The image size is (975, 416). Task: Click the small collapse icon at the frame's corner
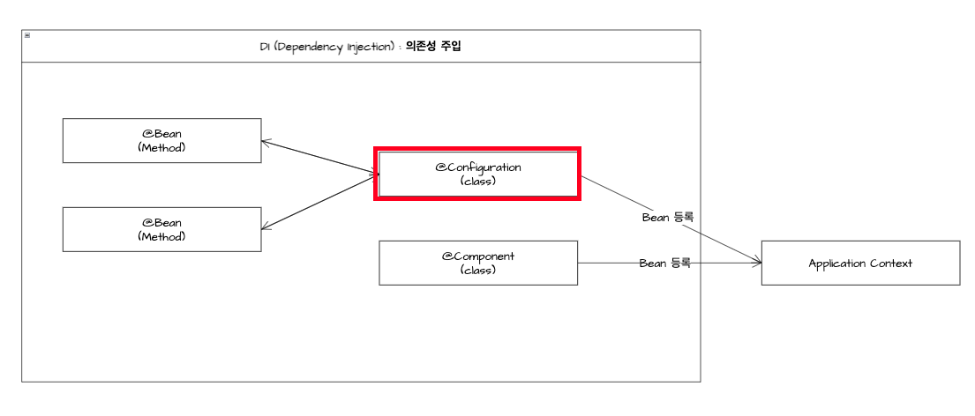[x=27, y=35]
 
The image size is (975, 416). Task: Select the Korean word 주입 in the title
[x=449, y=47]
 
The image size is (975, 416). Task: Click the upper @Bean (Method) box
[x=161, y=140]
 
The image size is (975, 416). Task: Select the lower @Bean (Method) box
[x=161, y=229]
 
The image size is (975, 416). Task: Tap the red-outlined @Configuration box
[x=477, y=174]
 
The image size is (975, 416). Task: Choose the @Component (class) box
[x=478, y=263]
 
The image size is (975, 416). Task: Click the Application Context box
[x=860, y=263]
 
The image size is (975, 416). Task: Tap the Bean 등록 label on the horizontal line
[x=664, y=263]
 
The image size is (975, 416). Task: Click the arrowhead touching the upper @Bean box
[x=266, y=141]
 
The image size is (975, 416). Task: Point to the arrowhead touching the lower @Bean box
[x=266, y=227]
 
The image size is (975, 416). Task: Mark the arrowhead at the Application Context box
[x=757, y=262]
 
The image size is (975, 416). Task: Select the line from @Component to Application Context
[x=609, y=263]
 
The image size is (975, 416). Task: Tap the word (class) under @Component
[x=478, y=270]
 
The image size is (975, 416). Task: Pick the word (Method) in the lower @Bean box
[x=161, y=236]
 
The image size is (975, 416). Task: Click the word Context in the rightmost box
[x=892, y=263]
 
